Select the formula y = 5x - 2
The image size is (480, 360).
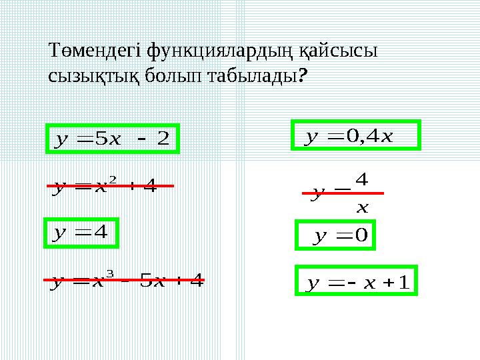[112, 139]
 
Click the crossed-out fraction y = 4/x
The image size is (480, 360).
[343, 194]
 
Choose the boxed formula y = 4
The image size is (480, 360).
[81, 233]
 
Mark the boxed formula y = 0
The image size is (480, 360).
[336, 235]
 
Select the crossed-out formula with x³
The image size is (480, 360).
[124, 281]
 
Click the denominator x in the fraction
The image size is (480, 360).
[362, 207]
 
